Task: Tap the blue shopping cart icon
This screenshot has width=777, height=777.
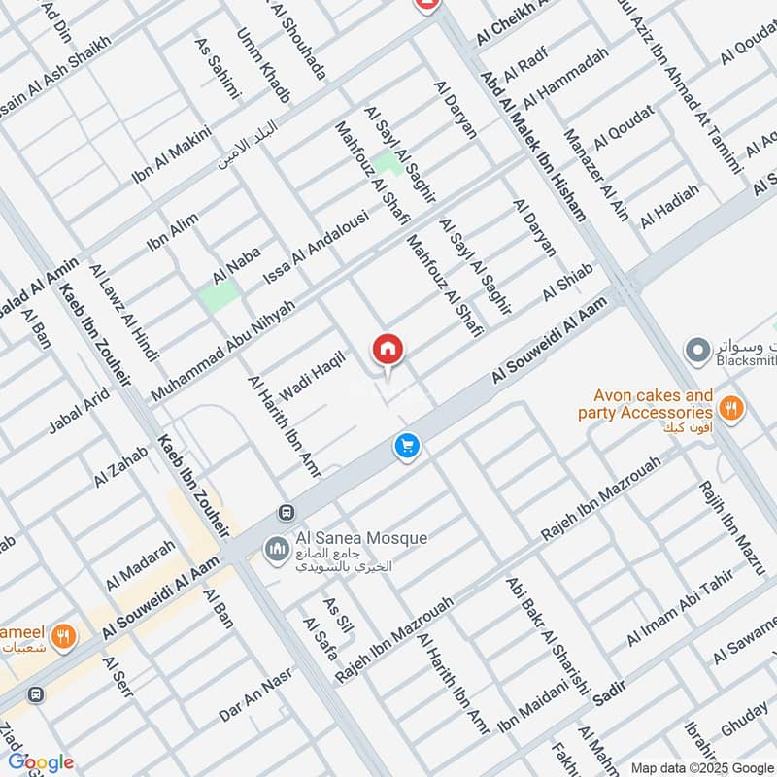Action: (407, 446)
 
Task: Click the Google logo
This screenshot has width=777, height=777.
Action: (41, 762)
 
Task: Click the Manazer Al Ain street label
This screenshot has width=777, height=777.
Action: (595, 175)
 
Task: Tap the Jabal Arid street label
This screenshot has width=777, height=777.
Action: (79, 412)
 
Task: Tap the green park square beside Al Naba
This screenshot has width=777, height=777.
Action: (220, 295)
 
